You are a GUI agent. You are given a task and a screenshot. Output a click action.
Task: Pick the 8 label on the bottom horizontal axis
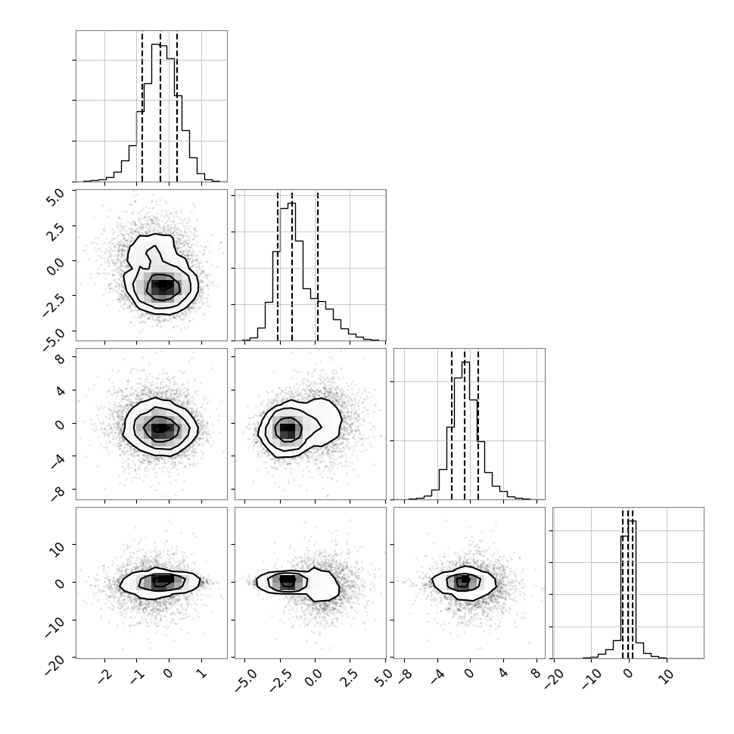point(536,673)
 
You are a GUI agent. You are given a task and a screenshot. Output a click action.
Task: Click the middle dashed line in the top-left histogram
point(160,106)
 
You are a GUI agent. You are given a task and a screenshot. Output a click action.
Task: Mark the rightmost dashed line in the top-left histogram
point(177,106)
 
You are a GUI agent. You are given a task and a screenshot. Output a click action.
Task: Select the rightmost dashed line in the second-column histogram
point(317,265)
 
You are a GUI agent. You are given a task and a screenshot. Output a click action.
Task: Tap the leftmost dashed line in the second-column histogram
point(278,265)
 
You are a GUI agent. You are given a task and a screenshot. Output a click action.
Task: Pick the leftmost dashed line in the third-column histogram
point(452,424)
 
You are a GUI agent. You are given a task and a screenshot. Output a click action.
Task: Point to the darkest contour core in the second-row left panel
point(163,285)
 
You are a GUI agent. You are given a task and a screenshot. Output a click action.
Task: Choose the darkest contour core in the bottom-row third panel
point(465,580)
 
